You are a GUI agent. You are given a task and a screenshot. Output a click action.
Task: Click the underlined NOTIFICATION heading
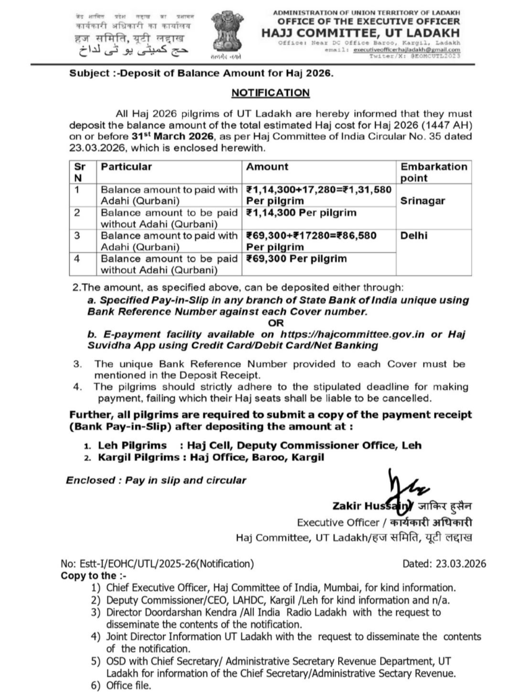click(x=262, y=93)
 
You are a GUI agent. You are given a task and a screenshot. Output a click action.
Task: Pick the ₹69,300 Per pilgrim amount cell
click(x=296, y=258)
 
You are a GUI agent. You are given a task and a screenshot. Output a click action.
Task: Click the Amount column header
click(x=267, y=166)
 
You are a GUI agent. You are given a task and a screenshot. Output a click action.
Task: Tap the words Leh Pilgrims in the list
click(x=129, y=446)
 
